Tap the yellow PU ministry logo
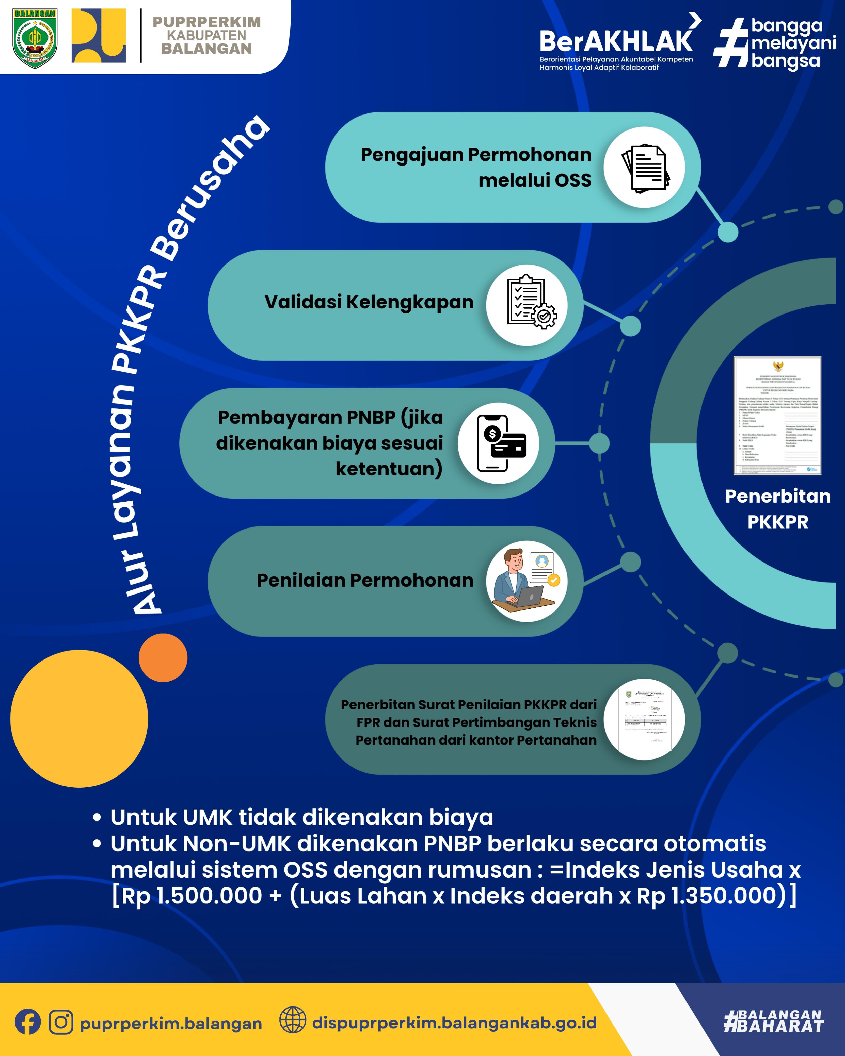(99, 35)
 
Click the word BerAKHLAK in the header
(616, 41)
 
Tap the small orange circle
(163, 657)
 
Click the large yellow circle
(79, 719)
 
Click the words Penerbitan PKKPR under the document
(778, 509)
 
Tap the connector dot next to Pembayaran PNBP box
(599, 443)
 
